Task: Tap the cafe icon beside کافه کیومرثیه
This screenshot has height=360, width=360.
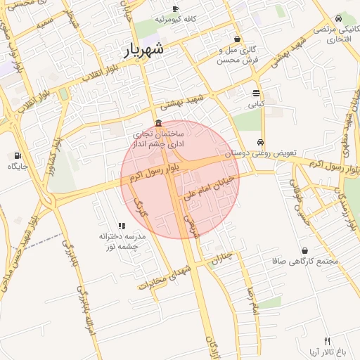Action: coord(175,8)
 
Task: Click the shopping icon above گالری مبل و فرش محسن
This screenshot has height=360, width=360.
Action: coord(238,39)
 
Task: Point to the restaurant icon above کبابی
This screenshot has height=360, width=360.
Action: coord(256,92)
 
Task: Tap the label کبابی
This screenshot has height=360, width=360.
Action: coord(256,103)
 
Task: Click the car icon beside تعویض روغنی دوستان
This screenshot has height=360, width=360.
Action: coord(261,142)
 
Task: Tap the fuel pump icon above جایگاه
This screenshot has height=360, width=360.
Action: coord(17,155)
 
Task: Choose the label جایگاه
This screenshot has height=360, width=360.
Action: coord(17,167)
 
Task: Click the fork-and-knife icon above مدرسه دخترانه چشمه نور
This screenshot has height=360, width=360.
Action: coord(122,226)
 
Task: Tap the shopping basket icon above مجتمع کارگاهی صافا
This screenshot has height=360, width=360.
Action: coord(304,250)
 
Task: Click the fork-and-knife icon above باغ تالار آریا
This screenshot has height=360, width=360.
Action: coord(327,340)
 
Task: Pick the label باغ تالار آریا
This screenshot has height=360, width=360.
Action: coord(326,351)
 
